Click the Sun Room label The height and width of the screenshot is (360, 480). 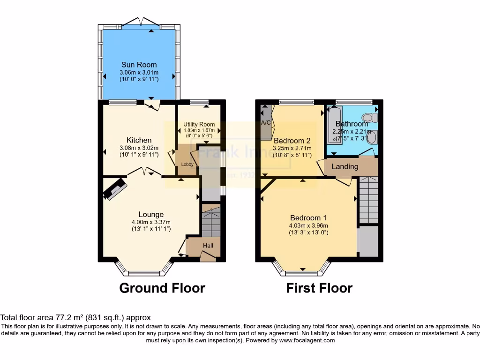coord(139,65)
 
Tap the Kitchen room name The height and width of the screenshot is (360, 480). coord(139,140)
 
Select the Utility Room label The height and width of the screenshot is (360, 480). coord(199,124)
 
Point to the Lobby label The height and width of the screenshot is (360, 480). coord(187,164)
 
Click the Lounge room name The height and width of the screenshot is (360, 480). coord(151,215)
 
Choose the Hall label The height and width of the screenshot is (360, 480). coord(208,246)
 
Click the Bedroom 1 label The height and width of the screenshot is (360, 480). coord(308,217)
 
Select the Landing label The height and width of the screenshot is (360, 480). coord(345,166)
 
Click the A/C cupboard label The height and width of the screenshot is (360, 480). coord(266,123)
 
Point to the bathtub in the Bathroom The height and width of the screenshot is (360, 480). coord(334,124)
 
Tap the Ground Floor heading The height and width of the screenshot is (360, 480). coord(162,288)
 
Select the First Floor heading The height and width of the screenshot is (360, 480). coord(319,288)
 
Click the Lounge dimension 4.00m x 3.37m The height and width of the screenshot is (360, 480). coord(151,222)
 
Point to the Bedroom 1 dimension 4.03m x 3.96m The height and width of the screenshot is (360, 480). coord(308,225)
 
